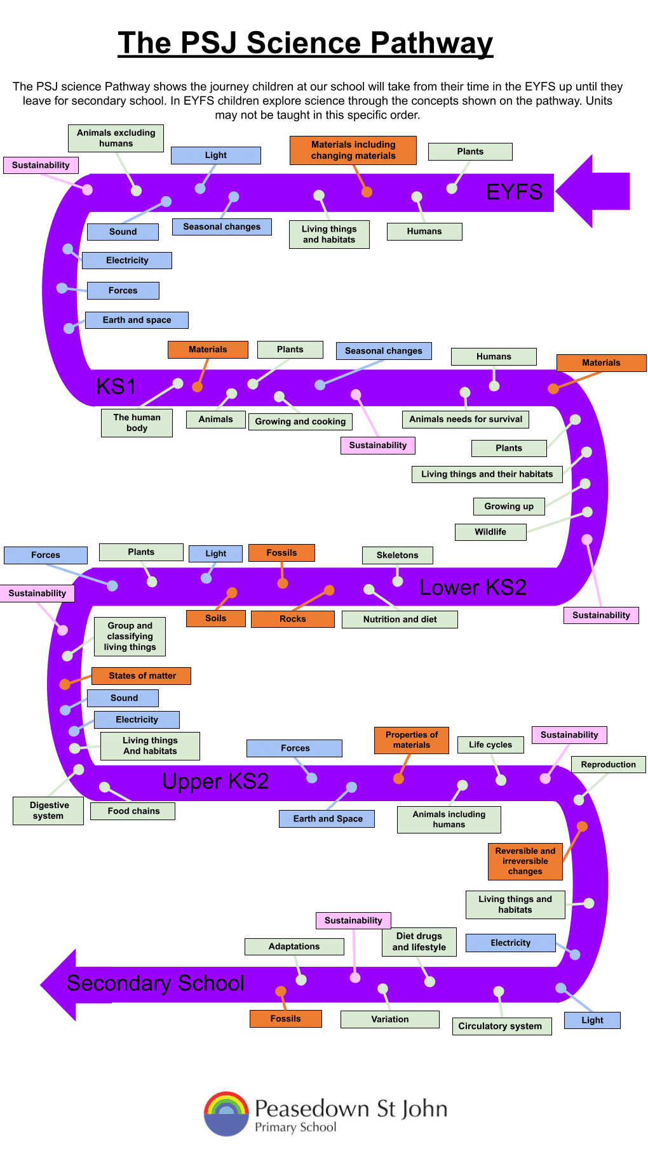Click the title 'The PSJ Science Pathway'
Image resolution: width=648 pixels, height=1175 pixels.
305,43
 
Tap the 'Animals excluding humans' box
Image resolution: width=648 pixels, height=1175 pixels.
116,138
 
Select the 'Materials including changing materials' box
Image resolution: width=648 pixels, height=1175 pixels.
353,150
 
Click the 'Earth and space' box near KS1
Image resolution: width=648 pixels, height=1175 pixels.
137,320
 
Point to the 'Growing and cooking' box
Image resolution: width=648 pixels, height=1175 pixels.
300,422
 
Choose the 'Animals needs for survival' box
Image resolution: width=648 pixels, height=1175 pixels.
465,419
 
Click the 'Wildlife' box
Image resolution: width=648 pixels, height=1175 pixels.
490,532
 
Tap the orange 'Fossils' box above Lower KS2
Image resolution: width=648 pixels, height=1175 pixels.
281,553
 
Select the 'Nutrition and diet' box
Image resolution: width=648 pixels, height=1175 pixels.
400,620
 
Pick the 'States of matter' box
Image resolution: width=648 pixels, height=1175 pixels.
142,675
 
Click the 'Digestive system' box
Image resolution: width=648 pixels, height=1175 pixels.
48,811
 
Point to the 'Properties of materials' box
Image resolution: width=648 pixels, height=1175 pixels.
411,740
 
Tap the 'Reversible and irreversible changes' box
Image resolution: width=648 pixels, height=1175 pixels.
525,861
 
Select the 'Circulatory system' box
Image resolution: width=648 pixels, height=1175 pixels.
501,1026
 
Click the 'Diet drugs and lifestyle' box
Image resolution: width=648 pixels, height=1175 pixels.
419,941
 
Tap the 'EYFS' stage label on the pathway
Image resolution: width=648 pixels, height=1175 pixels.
514,192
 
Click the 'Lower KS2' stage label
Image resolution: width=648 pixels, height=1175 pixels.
473,587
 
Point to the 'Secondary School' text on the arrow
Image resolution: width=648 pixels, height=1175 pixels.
155,983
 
